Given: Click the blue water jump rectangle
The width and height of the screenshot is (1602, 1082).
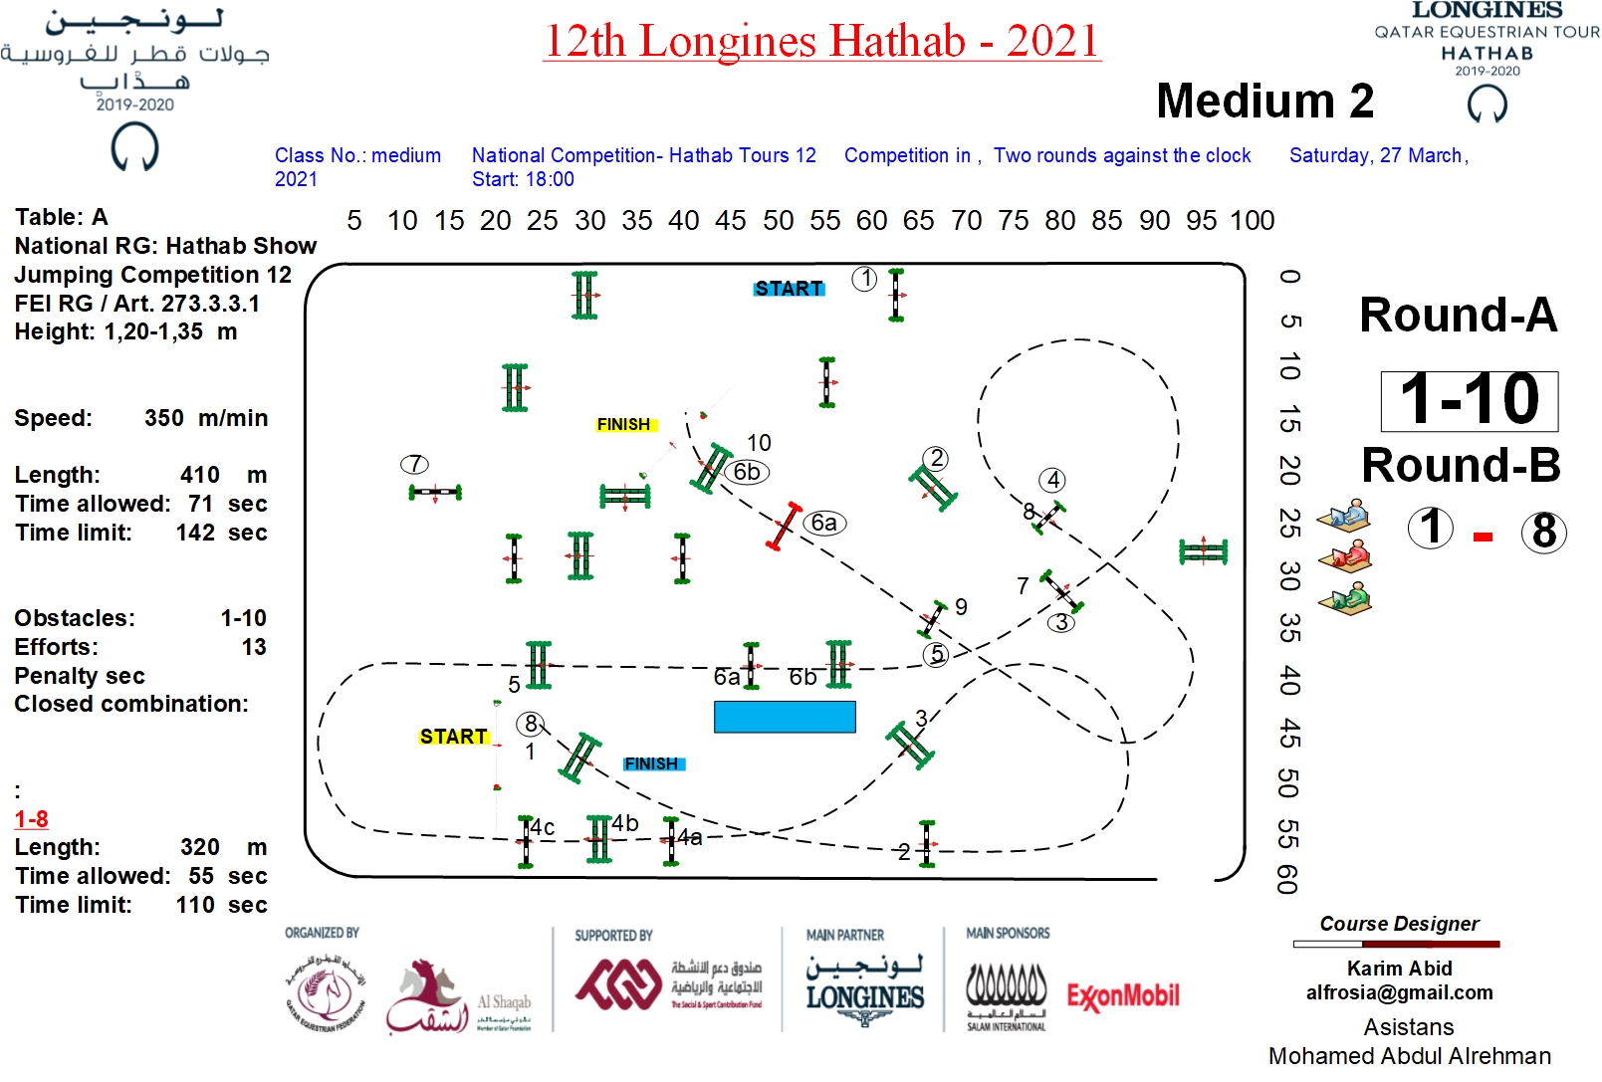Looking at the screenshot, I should pyautogui.click(x=785, y=717).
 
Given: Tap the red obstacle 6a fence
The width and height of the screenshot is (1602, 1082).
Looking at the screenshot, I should pyautogui.click(x=784, y=526).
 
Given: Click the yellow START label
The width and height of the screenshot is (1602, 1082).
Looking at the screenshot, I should pyautogui.click(x=453, y=737).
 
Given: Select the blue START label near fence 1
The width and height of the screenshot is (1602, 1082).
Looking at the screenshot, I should pyautogui.click(x=789, y=289).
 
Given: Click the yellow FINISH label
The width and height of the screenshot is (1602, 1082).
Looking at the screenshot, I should pyautogui.click(x=623, y=424).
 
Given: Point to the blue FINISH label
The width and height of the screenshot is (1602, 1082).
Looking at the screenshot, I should pyautogui.click(x=651, y=763).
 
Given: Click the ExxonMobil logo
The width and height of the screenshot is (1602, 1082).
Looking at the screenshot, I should pyautogui.click(x=1123, y=995).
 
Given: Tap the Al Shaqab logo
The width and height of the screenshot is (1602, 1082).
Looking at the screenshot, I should pyautogui.click(x=458, y=998).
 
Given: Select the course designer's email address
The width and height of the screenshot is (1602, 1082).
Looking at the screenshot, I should pyautogui.click(x=1399, y=992).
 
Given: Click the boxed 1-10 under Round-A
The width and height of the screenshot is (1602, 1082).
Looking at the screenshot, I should pyautogui.click(x=1469, y=400).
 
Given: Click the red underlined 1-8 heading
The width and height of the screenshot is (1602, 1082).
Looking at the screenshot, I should pyautogui.click(x=31, y=819).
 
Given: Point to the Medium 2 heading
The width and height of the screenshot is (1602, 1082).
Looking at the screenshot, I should pyautogui.click(x=1264, y=101).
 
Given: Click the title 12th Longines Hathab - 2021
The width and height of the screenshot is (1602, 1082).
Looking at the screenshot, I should pyautogui.click(x=821, y=41).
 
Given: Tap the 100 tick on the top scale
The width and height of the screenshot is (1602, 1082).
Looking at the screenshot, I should pyautogui.click(x=1252, y=220).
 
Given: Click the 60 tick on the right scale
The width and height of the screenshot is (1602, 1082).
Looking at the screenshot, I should pyautogui.click(x=1287, y=880).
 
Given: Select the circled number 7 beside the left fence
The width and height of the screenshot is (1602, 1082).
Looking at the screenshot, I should pyautogui.click(x=414, y=464).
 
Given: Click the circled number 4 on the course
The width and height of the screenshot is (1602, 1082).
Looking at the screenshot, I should pyautogui.click(x=1052, y=480).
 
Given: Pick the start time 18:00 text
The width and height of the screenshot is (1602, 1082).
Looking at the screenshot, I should pyautogui.click(x=550, y=179).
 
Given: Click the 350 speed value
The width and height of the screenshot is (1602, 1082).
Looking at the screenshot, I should pyautogui.click(x=163, y=418).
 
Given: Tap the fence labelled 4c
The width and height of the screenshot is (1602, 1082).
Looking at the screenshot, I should pyautogui.click(x=526, y=841).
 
